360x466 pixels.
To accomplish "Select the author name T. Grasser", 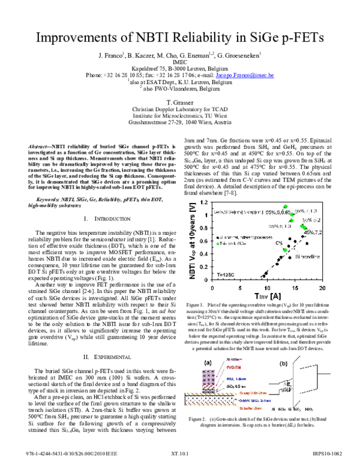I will [x=180, y=103].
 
